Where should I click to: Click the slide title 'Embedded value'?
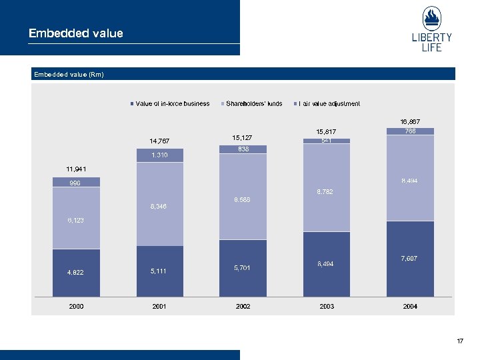(x=75, y=33)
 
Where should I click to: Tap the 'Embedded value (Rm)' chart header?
(x=69, y=75)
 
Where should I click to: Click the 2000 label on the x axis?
(x=76, y=307)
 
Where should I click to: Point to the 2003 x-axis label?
(x=327, y=307)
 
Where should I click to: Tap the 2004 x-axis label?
(x=410, y=307)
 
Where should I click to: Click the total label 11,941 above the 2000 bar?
(x=76, y=169)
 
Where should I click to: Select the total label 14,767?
(x=159, y=141)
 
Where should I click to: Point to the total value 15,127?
(x=243, y=137)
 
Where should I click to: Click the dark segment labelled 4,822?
(x=76, y=272)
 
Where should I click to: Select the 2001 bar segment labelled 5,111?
(x=159, y=271)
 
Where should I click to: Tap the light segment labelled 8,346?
(x=159, y=206)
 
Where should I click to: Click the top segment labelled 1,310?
(x=159, y=155)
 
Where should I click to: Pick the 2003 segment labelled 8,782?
(x=327, y=192)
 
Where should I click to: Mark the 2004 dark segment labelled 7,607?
(x=410, y=258)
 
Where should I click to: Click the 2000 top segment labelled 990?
(x=76, y=182)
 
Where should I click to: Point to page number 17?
(x=459, y=341)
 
